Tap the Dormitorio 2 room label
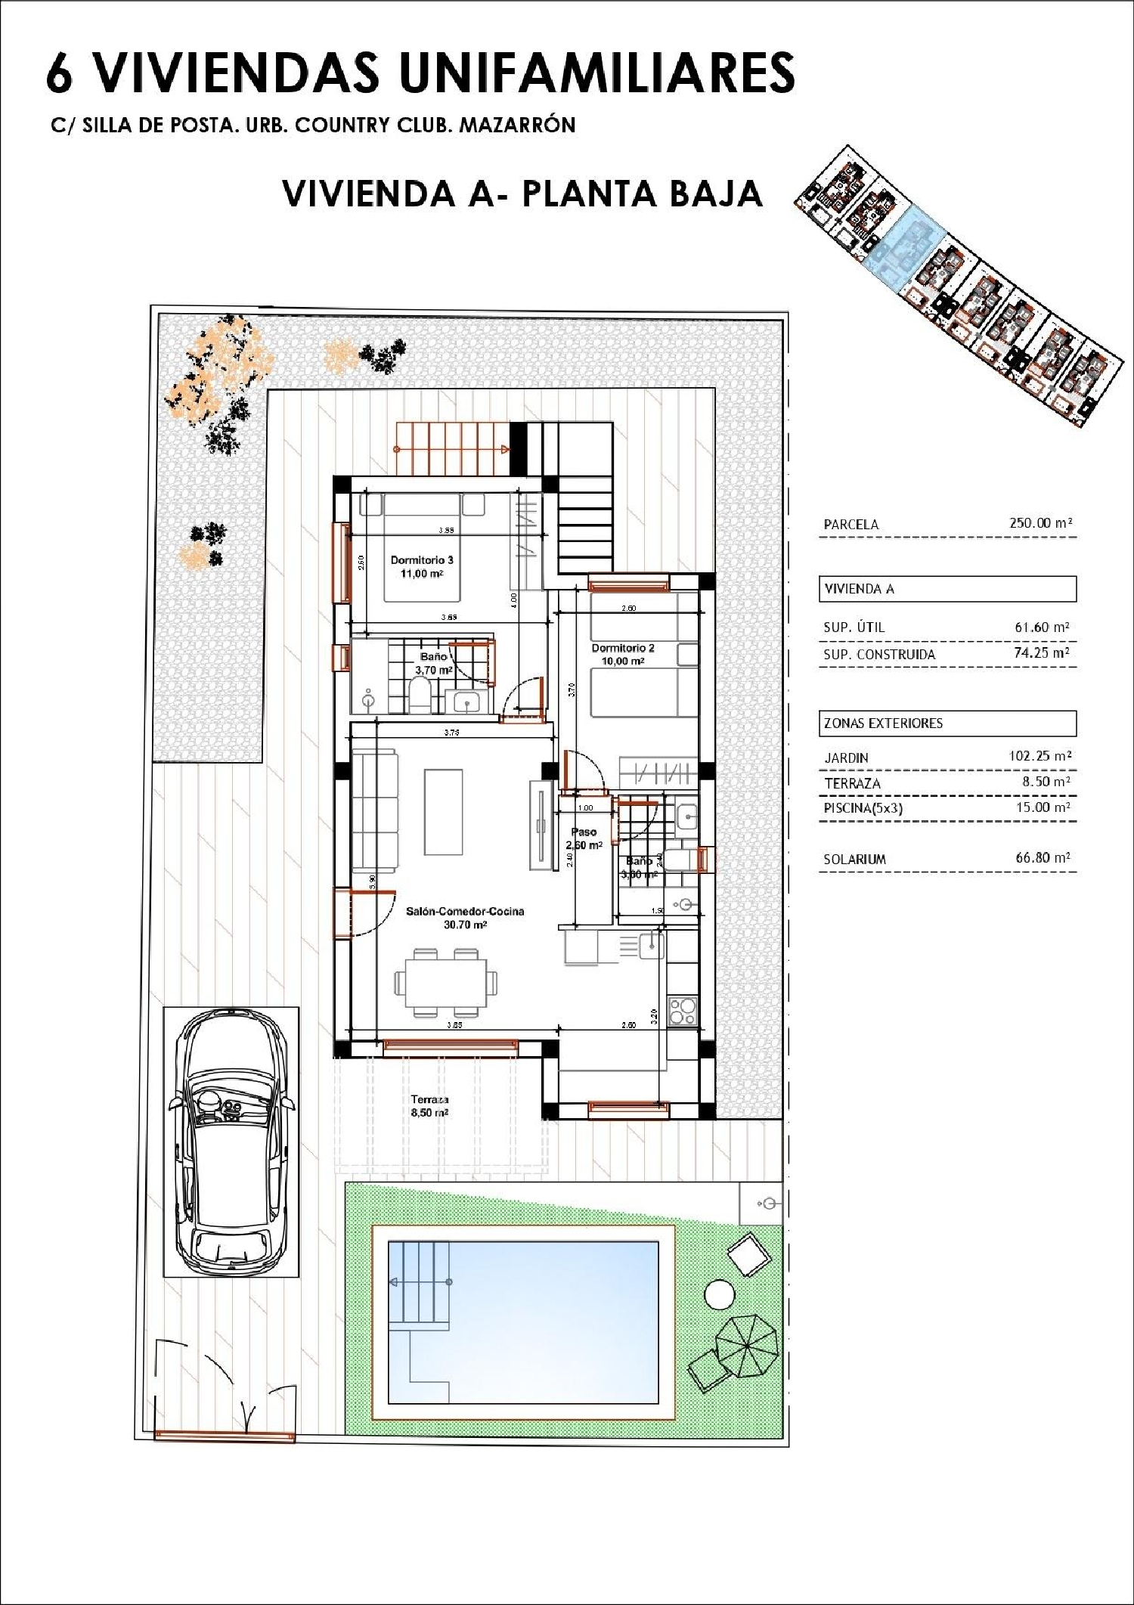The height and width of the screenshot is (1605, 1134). pyautogui.click(x=623, y=654)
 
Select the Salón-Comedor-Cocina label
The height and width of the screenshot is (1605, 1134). pyautogui.click(x=465, y=917)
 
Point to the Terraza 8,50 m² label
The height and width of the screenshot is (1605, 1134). pyautogui.click(x=430, y=1106)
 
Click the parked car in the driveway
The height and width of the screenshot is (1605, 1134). pyautogui.click(x=231, y=1142)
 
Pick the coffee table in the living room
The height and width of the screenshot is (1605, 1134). pyautogui.click(x=444, y=810)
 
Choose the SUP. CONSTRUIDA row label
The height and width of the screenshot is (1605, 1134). pyautogui.click(x=879, y=655)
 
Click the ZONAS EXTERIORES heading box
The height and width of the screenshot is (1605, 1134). pyautogui.click(x=947, y=723)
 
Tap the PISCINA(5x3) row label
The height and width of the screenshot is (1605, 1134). pyautogui.click(x=863, y=808)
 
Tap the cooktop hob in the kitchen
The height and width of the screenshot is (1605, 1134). pyautogui.click(x=682, y=1011)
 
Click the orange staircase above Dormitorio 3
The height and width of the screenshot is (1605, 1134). pyautogui.click(x=451, y=448)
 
